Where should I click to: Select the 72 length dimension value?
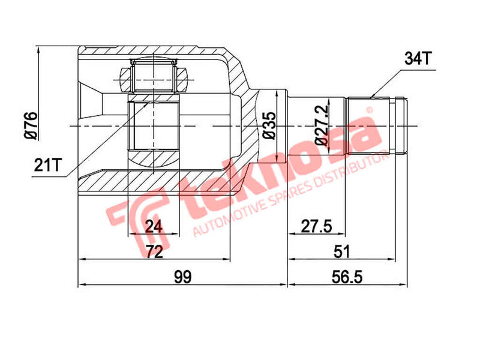point(154,251)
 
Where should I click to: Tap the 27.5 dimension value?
point(317,226)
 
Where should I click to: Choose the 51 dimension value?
point(342,251)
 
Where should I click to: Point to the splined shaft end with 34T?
point(378,126)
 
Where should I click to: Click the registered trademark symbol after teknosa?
point(370,110)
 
